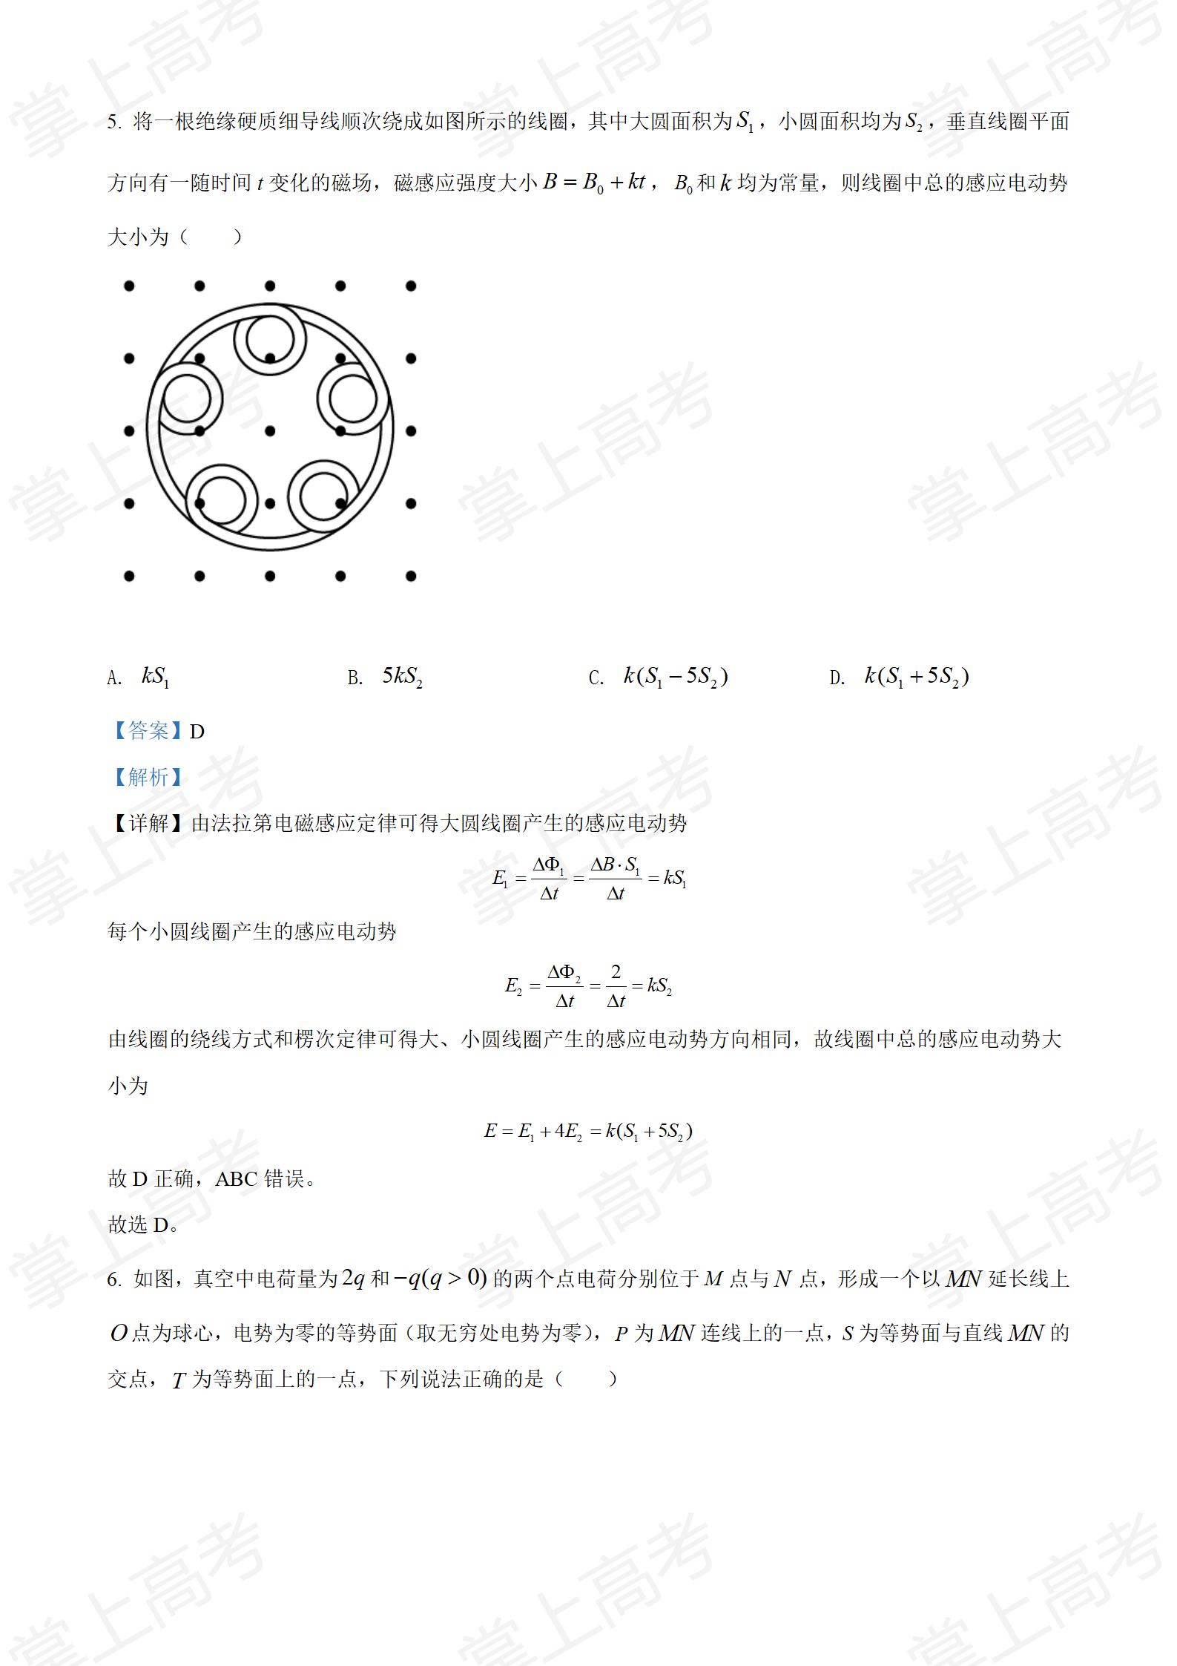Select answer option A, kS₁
[x=155, y=677]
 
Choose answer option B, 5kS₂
[x=402, y=677]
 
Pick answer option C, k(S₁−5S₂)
[x=675, y=677]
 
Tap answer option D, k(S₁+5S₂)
[x=917, y=677]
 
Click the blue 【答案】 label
[x=148, y=732]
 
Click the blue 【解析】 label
[x=148, y=777]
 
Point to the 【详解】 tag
[x=149, y=824]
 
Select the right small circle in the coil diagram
[x=354, y=399]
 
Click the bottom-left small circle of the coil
[x=222, y=499]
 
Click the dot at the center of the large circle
[x=270, y=430]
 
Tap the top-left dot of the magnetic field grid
[x=129, y=286]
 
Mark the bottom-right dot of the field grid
[x=411, y=576]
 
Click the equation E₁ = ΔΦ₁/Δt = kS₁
[x=590, y=879]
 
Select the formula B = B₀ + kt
[x=594, y=183]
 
